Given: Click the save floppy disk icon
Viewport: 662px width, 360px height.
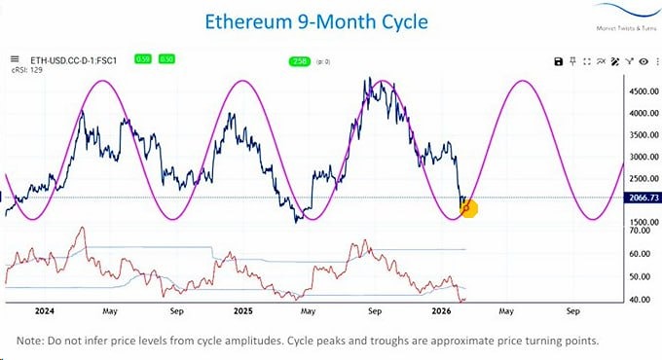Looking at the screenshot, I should tap(558, 61).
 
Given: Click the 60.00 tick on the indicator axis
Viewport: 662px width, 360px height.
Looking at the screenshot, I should tap(638, 254).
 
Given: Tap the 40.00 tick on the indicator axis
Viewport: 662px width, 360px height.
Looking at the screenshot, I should tap(638, 300).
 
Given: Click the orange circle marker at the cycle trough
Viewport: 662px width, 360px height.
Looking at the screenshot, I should tap(466, 207).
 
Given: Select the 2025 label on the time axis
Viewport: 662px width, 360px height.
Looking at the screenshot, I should tap(240, 314).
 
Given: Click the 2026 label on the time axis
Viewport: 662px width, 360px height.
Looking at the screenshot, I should tap(441, 314).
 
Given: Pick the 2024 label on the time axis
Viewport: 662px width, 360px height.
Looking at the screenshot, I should tap(42, 314).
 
